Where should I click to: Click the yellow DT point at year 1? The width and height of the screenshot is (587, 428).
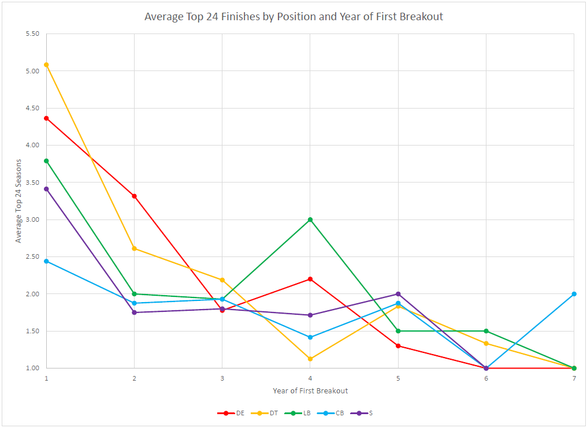(x=46, y=65)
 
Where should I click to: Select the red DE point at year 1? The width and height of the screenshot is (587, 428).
(x=46, y=118)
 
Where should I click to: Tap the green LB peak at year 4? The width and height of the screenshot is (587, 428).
(x=310, y=219)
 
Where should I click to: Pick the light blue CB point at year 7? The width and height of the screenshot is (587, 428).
(x=574, y=294)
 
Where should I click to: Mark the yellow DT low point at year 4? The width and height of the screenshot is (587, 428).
(x=310, y=359)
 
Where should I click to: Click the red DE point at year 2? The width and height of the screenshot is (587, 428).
(x=134, y=196)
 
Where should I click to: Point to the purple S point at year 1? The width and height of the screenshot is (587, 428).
(x=46, y=189)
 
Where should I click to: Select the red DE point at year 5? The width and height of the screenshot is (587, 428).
(x=398, y=346)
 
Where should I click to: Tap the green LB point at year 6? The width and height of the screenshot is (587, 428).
(x=486, y=331)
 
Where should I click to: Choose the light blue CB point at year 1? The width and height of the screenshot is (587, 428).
(x=46, y=261)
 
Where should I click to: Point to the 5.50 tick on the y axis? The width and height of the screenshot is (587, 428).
(x=32, y=34)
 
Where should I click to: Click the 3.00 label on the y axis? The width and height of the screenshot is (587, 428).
(x=32, y=219)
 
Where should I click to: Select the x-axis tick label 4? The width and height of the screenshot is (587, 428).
(x=310, y=378)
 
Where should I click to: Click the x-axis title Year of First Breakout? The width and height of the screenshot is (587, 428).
(x=310, y=391)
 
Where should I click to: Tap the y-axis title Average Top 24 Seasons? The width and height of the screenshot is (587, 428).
(x=18, y=201)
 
